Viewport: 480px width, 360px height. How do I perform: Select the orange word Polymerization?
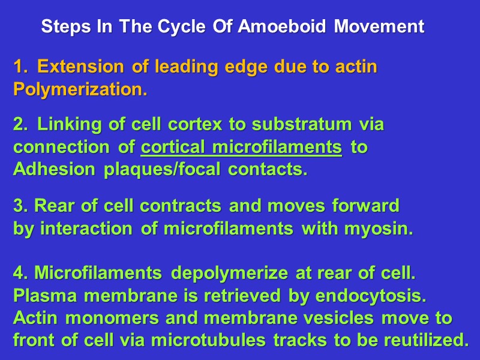tap(80, 90)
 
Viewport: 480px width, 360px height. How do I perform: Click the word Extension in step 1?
tap(82, 67)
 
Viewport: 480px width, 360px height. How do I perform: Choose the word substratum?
tap(302, 125)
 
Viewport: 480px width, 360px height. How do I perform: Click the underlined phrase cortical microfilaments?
tap(241, 148)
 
